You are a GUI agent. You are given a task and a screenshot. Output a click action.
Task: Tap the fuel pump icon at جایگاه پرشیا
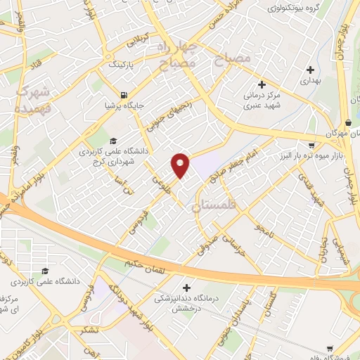tap(124, 95)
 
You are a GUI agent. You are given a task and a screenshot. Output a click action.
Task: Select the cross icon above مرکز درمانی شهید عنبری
tap(262, 84)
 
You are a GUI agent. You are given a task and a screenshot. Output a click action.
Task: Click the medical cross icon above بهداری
tap(311, 70)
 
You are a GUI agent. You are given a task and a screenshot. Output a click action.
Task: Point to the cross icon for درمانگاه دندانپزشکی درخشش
tap(186, 287)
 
